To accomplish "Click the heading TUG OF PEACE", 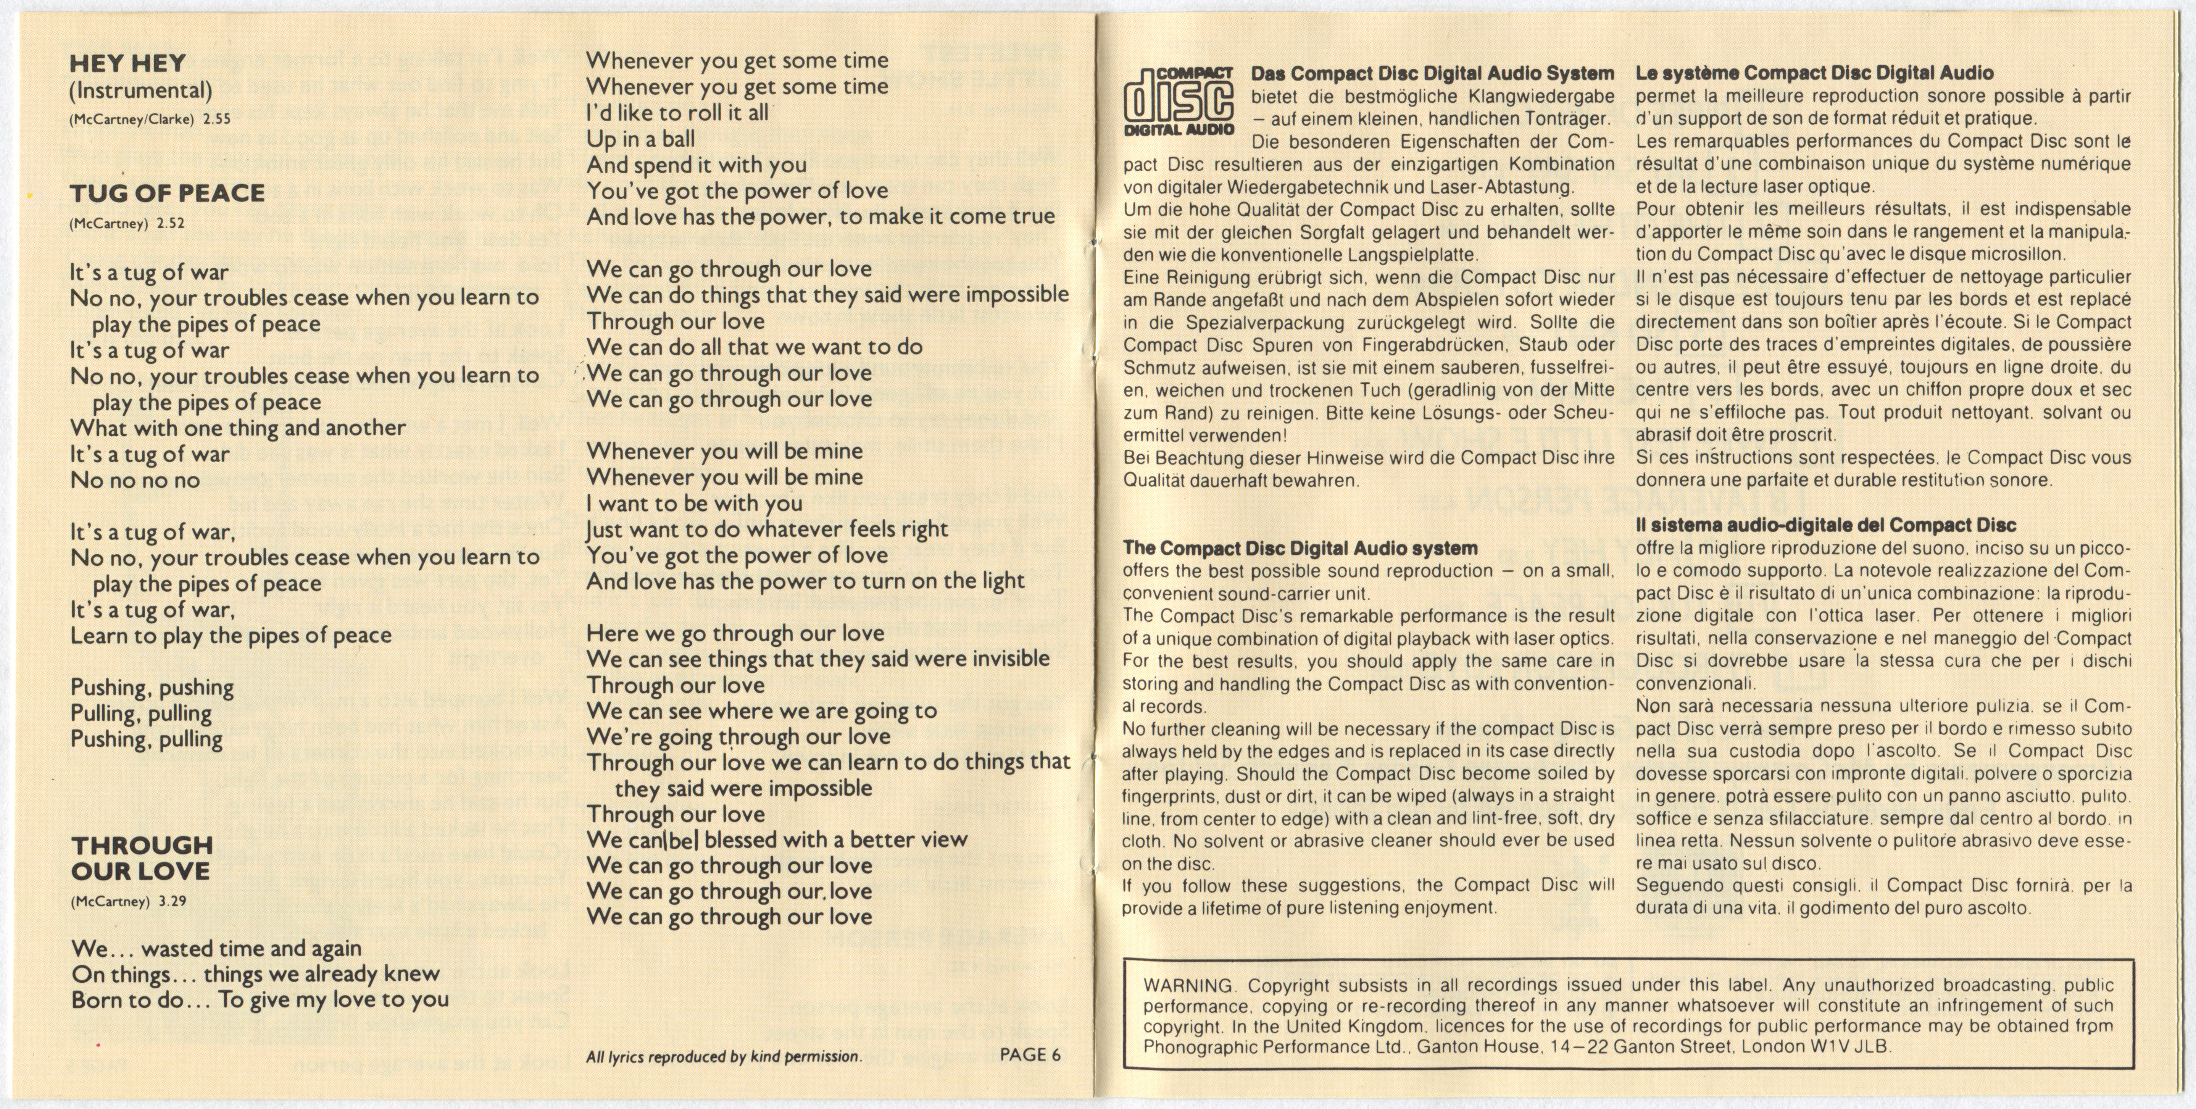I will (x=168, y=194).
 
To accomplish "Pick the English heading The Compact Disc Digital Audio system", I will (x=1300, y=548).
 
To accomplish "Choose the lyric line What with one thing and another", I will (x=238, y=428).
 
